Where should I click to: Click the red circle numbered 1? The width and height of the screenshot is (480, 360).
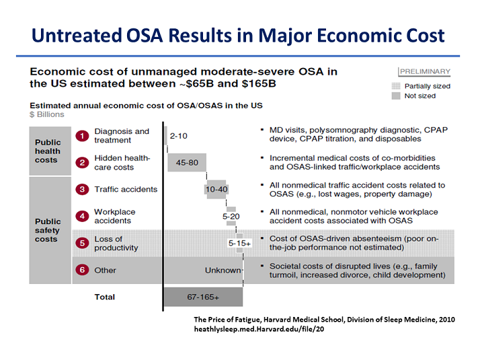(x=82, y=136)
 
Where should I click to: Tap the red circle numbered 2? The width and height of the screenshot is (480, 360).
(x=82, y=162)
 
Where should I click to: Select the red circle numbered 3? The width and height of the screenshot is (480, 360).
(x=82, y=190)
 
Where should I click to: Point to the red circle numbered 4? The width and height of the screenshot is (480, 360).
(x=82, y=216)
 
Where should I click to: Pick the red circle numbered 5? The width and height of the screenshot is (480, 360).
(x=82, y=243)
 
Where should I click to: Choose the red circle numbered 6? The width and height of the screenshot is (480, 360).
(x=82, y=271)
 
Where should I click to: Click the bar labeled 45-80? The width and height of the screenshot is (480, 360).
(x=186, y=162)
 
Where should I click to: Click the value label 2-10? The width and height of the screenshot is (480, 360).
(x=179, y=136)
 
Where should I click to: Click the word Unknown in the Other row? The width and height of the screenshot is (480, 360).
(x=223, y=271)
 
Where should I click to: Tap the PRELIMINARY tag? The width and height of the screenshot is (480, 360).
(x=425, y=72)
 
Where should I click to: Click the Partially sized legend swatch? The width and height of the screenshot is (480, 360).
(x=395, y=86)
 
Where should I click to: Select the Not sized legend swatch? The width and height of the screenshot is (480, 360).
(x=395, y=96)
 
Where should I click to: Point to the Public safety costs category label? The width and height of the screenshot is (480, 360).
(x=48, y=230)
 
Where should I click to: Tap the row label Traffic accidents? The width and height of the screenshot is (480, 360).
(x=126, y=190)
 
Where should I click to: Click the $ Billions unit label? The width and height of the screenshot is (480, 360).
(x=47, y=114)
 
